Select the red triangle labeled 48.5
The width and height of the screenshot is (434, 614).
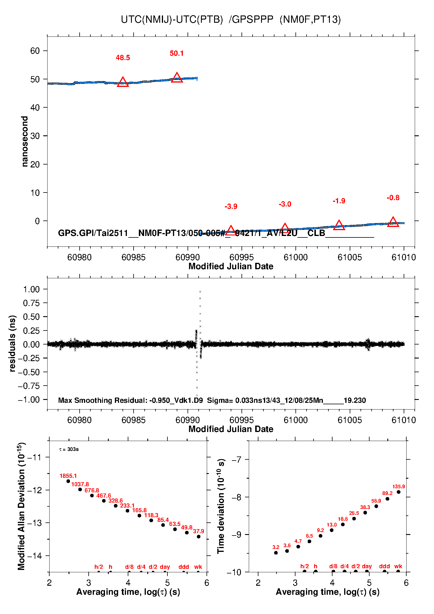[x=123, y=82]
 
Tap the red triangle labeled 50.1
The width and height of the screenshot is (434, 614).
[x=177, y=78]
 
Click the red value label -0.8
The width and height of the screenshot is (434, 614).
[x=393, y=198]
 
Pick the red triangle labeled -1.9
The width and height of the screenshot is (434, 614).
[x=339, y=225]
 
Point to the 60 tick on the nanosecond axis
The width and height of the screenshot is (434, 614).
[x=35, y=51]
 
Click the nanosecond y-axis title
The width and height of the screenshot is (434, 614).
[x=25, y=141]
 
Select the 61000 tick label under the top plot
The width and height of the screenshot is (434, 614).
[x=295, y=257]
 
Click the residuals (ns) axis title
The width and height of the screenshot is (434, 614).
[x=12, y=343]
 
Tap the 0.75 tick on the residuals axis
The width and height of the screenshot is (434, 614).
[x=31, y=303]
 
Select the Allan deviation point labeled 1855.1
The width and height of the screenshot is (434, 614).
[x=68, y=481]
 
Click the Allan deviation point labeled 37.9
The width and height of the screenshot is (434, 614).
[x=199, y=537]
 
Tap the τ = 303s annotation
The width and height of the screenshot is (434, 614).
[x=69, y=449]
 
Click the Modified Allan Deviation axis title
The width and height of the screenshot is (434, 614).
[x=21, y=506]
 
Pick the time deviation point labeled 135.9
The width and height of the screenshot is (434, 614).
[x=398, y=492]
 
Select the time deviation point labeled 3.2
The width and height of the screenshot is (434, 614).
[x=276, y=553]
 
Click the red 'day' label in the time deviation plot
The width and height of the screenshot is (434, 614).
[x=367, y=566]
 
